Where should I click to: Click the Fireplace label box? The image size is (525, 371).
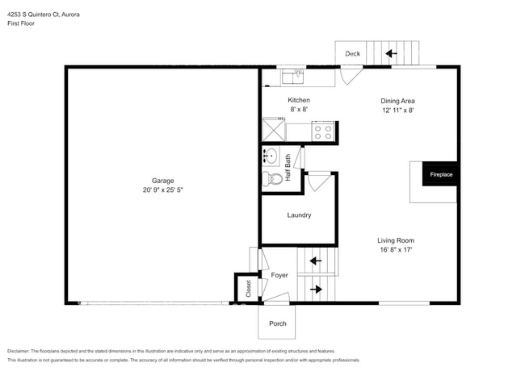pyautogui.click(x=440, y=174)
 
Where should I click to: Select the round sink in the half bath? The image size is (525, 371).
pyautogui.click(x=271, y=156)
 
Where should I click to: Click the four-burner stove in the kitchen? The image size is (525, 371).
pyautogui.click(x=323, y=131)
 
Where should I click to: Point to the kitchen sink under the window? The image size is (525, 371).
pyautogui.click(x=292, y=77)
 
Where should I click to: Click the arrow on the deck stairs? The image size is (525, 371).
pyautogui.click(x=392, y=54)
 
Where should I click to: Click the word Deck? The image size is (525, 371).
pyautogui.click(x=353, y=54)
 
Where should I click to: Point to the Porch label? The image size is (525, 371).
pyautogui.click(x=277, y=323)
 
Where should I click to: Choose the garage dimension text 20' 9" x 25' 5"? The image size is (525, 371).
pyautogui.click(x=162, y=191)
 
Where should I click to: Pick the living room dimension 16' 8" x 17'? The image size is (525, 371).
pyautogui.click(x=395, y=250)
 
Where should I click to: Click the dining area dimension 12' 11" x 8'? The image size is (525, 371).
pyautogui.click(x=397, y=110)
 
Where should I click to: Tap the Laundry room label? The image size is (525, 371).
pyautogui.click(x=299, y=215)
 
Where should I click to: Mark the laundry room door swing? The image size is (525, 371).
pyautogui.click(x=319, y=181)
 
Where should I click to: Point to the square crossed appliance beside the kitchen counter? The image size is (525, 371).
pyautogui.click(x=274, y=130)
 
